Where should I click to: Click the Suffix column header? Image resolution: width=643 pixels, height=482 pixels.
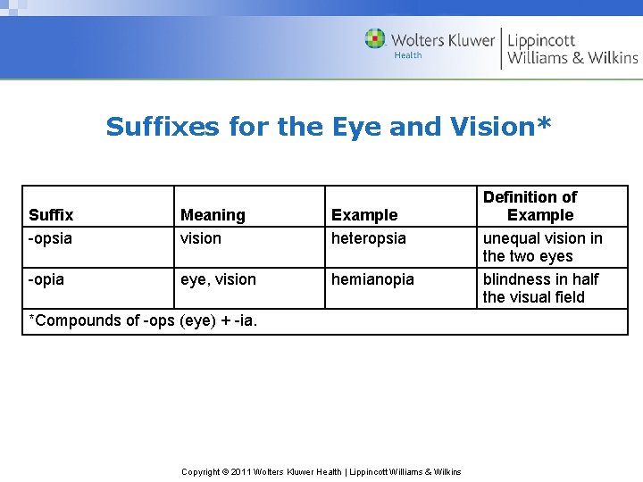click(51, 215)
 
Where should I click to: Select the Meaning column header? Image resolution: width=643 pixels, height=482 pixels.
click(213, 215)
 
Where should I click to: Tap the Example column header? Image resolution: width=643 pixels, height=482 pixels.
click(364, 215)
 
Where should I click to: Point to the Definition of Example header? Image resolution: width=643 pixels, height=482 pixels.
click(530, 206)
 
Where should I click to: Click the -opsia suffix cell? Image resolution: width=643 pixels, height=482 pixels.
click(51, 238)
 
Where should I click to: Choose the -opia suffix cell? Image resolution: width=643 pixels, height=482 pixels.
click(46, 279)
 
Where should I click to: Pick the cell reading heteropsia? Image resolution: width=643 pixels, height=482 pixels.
click(369, 238)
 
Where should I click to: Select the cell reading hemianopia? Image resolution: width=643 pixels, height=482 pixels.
click(373, 279)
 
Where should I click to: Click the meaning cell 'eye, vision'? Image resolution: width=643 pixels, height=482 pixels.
click(218, 279)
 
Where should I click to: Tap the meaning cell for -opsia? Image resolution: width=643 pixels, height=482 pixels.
click(201, 238)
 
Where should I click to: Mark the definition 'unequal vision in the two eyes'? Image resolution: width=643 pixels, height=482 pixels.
click(542, 247)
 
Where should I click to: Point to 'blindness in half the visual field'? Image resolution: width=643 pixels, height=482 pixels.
click(540, 288)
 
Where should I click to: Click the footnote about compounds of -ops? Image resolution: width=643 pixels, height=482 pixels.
click(144, 320)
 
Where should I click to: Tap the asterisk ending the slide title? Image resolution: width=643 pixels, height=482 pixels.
click(545, 123)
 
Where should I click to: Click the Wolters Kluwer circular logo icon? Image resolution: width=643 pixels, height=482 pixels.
click(375, 39)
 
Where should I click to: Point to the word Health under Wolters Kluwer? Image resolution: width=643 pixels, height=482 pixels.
click(408, 55)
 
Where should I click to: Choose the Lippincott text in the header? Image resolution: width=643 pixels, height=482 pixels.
click(542, 40)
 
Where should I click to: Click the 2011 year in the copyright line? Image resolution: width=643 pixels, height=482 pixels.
click(238, 472)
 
